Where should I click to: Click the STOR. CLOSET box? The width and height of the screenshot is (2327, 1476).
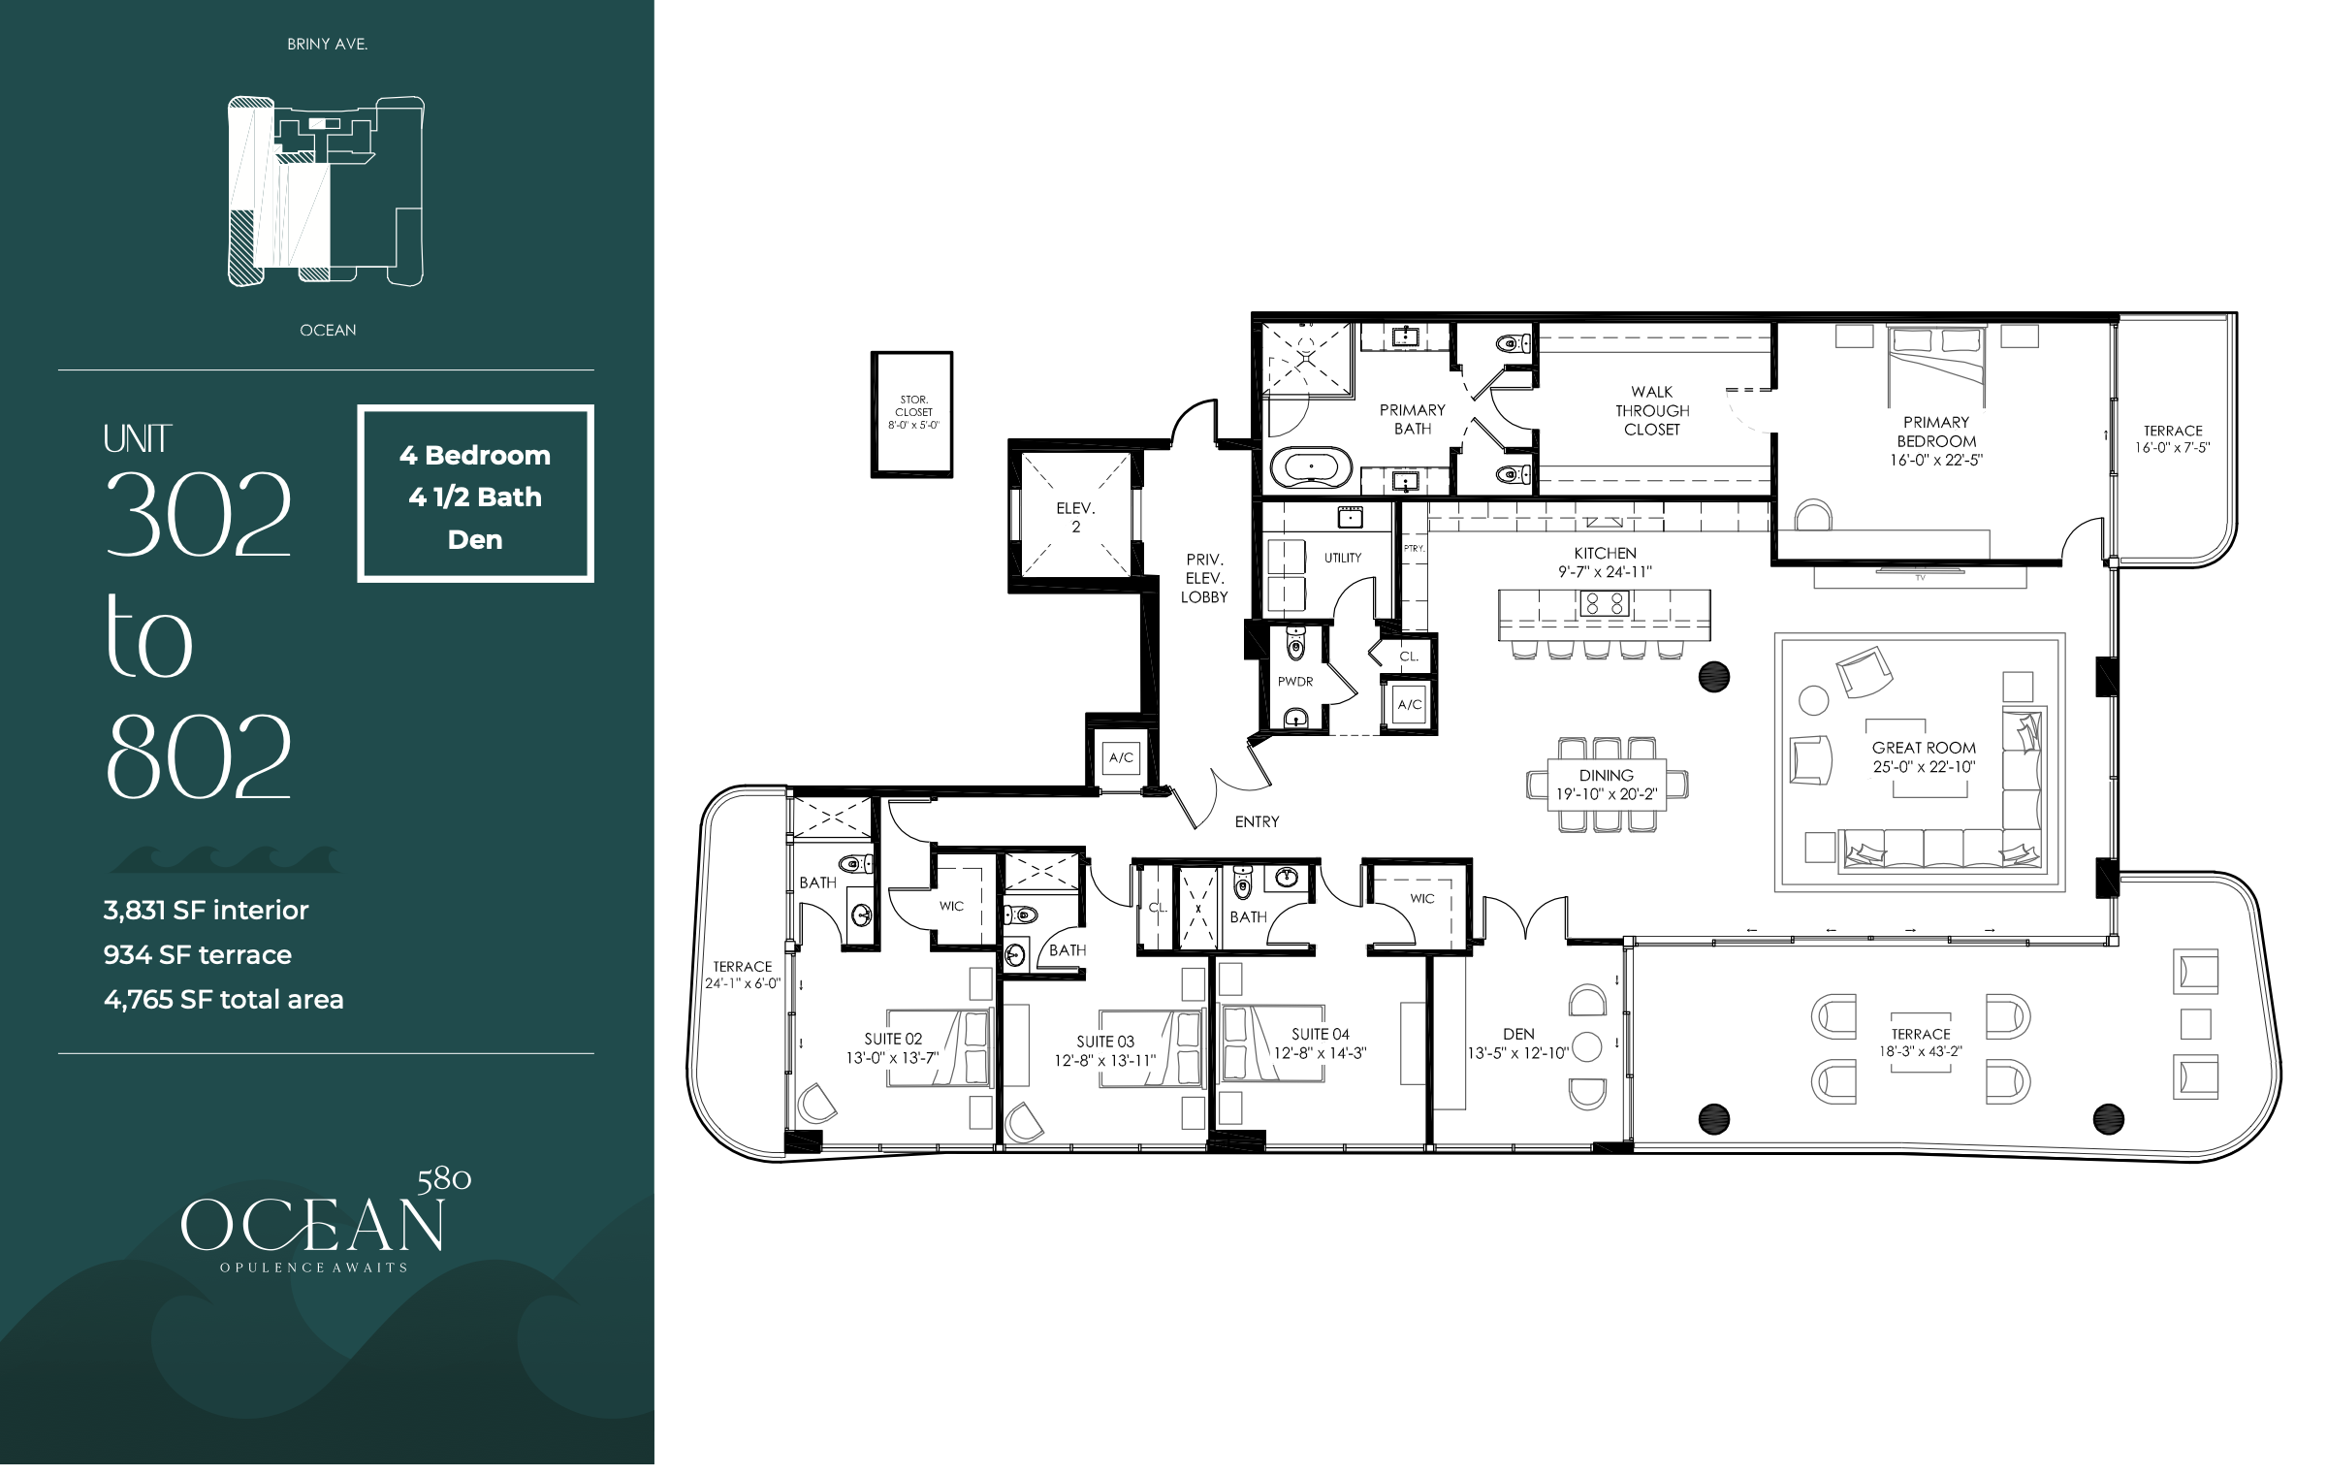(911, 414)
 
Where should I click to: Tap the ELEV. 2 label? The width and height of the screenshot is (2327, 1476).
(1075, 518)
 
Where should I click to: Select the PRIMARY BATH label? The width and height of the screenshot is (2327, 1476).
(1412, 420)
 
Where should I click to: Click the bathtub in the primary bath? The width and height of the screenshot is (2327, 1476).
(1311, 466)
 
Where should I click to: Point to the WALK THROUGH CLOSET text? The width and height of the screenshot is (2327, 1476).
(1652, 411)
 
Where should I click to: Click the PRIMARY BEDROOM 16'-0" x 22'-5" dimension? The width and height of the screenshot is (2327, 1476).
(1935, 461)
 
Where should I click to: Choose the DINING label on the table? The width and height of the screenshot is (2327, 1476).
(1606, 776)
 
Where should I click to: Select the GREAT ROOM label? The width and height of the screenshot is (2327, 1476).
(1924, 748)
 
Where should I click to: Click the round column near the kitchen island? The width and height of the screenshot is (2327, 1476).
(1714, 677)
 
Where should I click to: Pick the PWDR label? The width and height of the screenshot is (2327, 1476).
(1295, 682)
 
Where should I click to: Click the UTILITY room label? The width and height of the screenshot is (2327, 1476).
(1343, 558)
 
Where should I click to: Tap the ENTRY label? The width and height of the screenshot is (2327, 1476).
(1257, 822)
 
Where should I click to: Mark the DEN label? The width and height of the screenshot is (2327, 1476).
(1518, 1035)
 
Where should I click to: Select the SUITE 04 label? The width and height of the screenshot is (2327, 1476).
(1320, 1035)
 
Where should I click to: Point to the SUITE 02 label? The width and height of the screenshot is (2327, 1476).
(893, 1040)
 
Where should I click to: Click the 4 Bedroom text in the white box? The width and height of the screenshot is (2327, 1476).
(475, 455)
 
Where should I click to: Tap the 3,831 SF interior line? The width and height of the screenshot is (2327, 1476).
(206, 910)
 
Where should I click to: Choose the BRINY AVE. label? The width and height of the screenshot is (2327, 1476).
(328, 45)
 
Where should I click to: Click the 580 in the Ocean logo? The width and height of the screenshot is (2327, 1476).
(444, 1179)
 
